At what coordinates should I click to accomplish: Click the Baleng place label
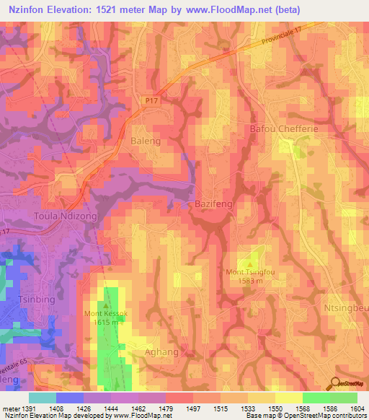pos(146,141)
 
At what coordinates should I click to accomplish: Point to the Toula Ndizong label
pos(64,216)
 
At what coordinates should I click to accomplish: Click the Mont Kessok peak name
pos(105,314)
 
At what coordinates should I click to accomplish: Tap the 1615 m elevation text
pos(105,323)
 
